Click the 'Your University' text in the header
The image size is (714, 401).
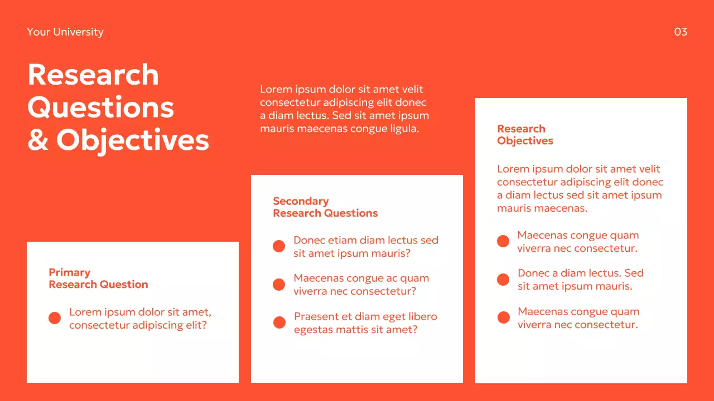[x=65, y=32]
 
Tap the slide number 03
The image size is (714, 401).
[x=681, y=32]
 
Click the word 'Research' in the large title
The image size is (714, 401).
[x=93, y=75]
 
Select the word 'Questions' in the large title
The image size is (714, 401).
[x=101, y=107]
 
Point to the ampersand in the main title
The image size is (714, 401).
[x=38, y=140]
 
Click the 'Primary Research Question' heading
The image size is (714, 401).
[x=98, y=278]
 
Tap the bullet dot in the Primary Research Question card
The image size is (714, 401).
[x=55, y=318]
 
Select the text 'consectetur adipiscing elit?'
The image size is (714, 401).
[x=138, y=325]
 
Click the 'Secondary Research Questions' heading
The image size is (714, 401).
[x=325, y=207]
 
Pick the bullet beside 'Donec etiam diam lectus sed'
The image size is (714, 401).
[x=279, y=246]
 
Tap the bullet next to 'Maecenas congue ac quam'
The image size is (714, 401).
[x=279, y=285]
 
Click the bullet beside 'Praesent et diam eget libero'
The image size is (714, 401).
[x=279, y=322]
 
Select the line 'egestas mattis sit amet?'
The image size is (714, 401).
[x=355, y=330]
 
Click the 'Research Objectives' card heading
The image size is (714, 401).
[x=525, y=135]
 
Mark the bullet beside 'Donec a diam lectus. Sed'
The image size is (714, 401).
[x=503, y=280]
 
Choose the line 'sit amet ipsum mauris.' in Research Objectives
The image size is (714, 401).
[x=575, y=286]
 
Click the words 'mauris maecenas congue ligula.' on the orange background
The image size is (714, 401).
[x=339, y=129]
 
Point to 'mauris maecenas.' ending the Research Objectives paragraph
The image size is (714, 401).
[x=542, y=208]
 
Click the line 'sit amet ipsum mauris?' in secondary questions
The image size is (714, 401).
[x=352, y=253]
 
